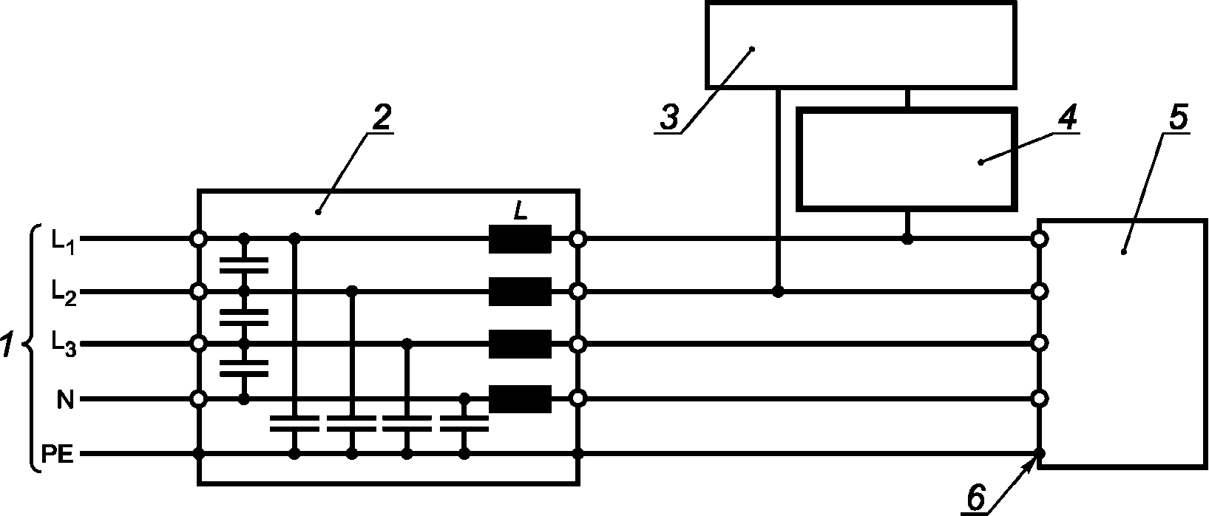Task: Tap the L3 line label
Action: tap(62, 344)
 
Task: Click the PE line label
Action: tap(57, 455)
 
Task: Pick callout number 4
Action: tap(1067, 117)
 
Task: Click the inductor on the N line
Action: tap(520, 399)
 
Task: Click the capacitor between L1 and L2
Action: tap(244, 265)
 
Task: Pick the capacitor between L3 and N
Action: tap(244, 369)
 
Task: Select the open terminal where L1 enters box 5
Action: tap(1040, 240)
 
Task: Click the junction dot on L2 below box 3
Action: tap(777, 292)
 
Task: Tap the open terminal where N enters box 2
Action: tap(198, 399)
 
